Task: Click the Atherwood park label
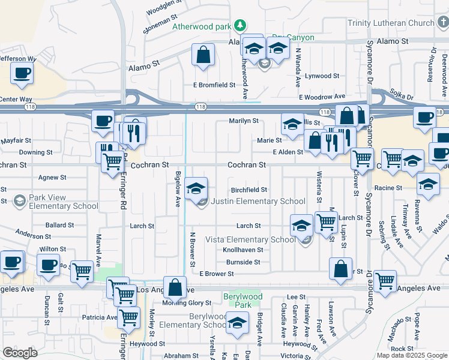(201, 26)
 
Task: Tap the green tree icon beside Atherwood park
(240, 25)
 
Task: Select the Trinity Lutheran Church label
(390, 23)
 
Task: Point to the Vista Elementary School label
(250, 239)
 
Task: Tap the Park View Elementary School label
(58, 202)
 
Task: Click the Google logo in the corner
(20, 353)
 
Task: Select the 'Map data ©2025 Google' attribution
(412, 355)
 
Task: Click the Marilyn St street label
(243, 121)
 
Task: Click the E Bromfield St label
(214, 85)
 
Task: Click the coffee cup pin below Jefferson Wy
(22, 73)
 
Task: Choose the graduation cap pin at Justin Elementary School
(196, 188)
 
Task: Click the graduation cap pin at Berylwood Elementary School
(237, 322)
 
